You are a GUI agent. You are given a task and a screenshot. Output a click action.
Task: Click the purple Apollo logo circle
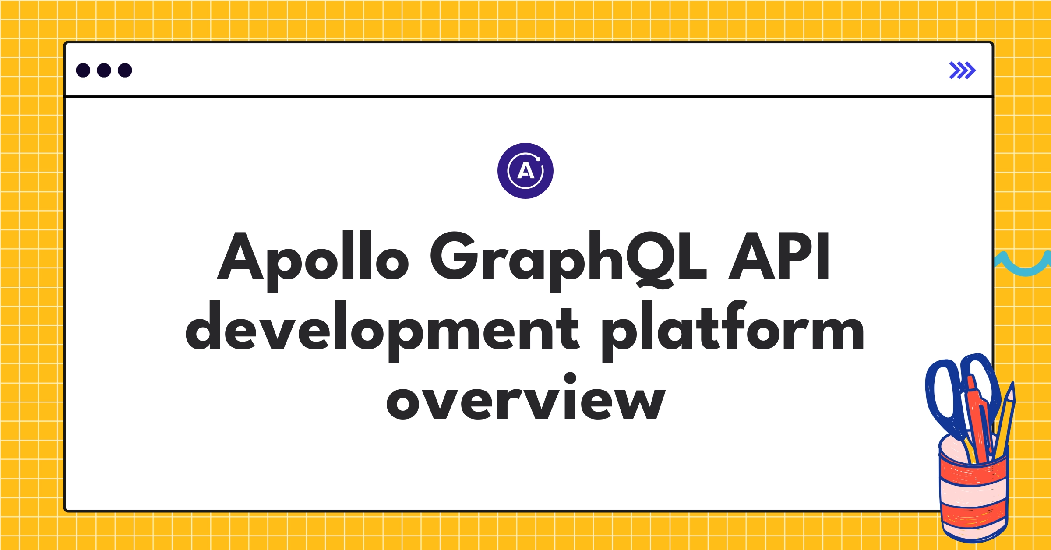click(x=525, y=171)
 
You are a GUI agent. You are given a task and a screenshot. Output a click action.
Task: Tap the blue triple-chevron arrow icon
click(x=962, y=71)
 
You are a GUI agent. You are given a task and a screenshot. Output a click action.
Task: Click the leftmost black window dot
click(x=83, y=71)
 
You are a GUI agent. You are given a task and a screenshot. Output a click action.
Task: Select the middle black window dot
click(x=104, y=71)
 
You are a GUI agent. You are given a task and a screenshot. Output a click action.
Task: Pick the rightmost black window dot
click(x=125, y=71)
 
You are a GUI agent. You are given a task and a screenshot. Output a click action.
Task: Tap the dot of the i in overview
click(x=570, y=378)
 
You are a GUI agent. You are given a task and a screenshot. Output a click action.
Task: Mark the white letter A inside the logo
click(x=525, y=171)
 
